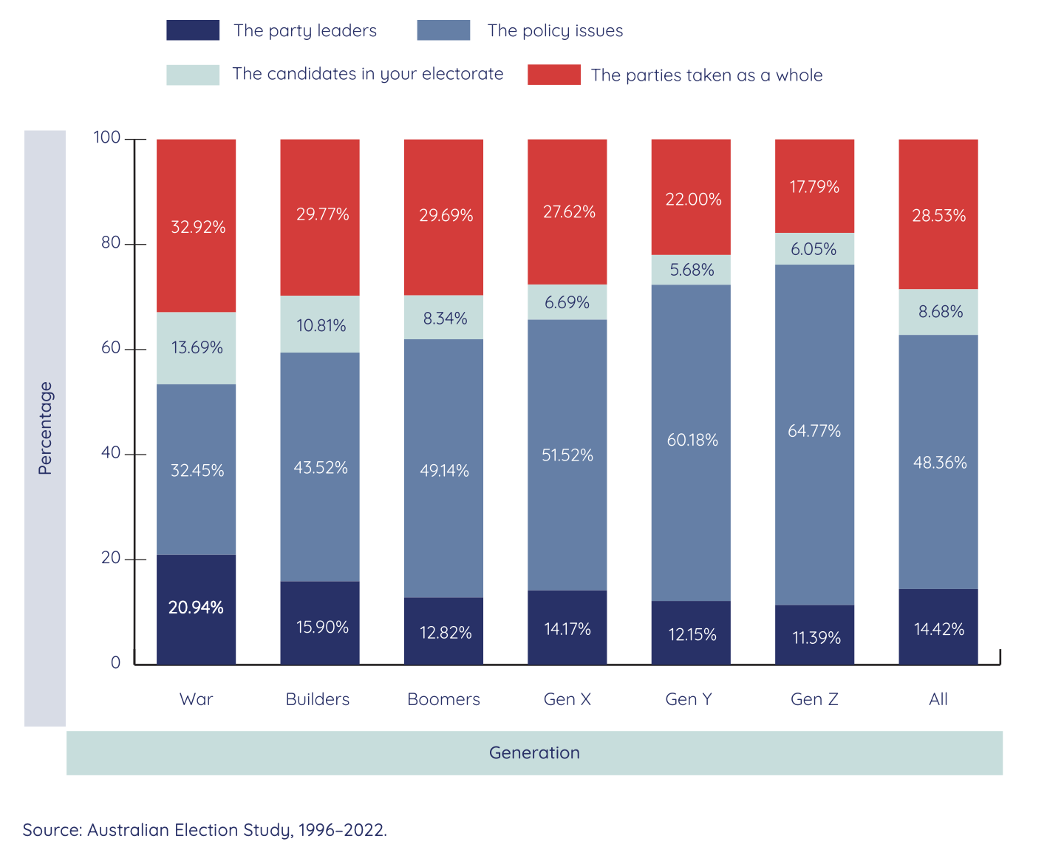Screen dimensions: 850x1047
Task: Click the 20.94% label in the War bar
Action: (196, 608)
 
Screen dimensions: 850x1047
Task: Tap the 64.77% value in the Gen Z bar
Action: (814, 431)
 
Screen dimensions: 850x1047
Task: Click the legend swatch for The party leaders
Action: (193, 30)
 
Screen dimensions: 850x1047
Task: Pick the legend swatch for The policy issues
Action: (443, 30)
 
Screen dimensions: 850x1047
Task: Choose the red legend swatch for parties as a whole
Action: (553, 75)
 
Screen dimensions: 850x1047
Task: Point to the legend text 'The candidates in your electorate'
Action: (367, 74)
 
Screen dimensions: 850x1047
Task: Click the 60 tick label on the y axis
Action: (111, 348)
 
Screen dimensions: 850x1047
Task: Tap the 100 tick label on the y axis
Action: (107, 137)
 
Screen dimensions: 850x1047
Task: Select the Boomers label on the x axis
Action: (443, 699)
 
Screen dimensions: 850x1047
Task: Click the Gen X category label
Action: (567, 699)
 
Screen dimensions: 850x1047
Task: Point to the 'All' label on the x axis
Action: (938, 699)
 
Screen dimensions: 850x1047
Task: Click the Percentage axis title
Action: (45, 428)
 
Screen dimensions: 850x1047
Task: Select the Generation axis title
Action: (534, 752)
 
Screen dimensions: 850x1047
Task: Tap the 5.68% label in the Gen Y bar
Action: (692, 270)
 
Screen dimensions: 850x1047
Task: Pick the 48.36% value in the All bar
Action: (939, 463)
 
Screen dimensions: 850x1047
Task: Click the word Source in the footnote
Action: (51, 830)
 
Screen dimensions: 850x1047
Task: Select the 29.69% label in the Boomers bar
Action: (446, 216)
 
